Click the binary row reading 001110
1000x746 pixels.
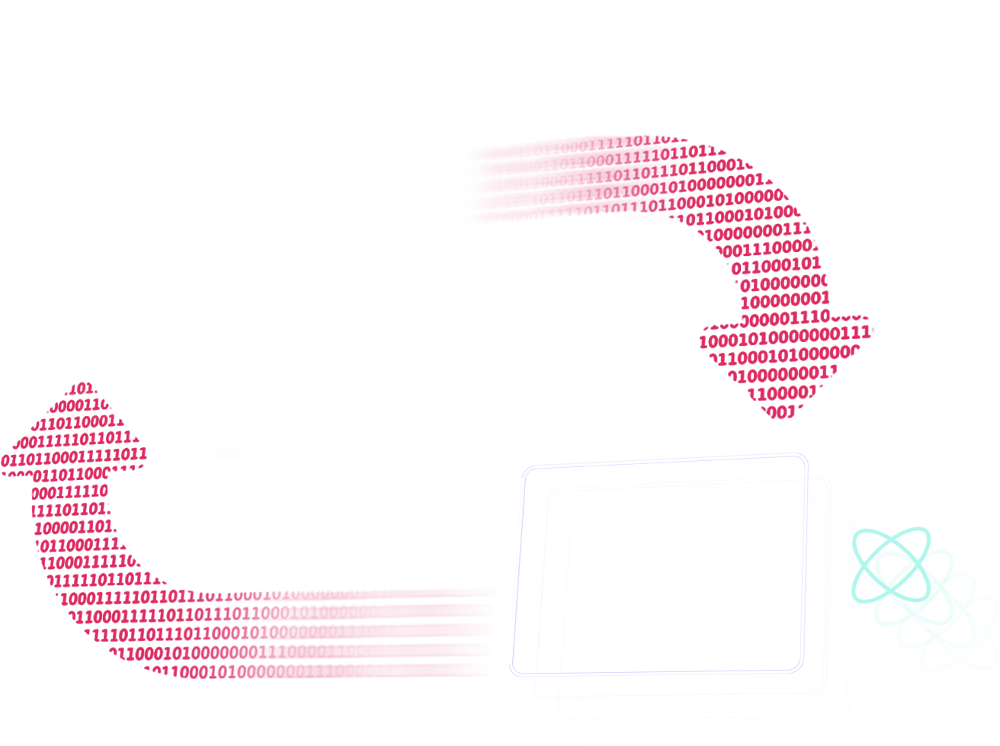[x=751, y=248]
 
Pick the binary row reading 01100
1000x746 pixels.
[x=755, y=267]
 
